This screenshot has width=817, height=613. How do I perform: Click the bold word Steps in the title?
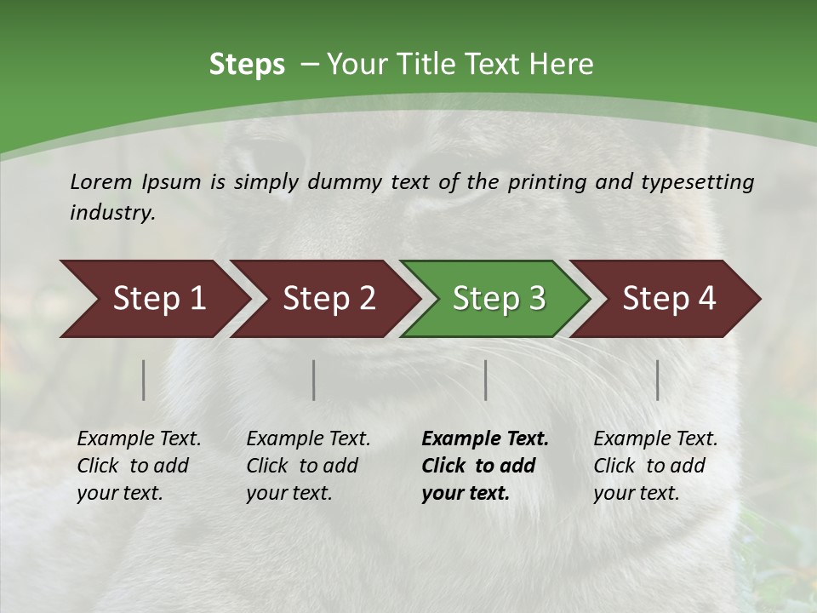click(247, 65)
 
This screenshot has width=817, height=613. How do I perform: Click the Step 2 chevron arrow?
click(323, 299)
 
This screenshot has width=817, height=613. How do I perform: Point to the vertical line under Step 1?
click(144, 380)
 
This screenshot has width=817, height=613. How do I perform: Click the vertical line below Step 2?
click(314, 380)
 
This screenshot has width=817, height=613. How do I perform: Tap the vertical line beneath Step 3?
click(486, 380)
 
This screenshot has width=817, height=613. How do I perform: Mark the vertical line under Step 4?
click(658, 380)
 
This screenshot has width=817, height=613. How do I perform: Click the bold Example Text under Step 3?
click(485, 466)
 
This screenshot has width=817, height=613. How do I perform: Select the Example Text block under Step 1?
click(139, 466)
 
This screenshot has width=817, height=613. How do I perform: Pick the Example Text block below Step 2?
click(308, 466)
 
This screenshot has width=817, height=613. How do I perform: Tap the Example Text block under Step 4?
click(655, 466)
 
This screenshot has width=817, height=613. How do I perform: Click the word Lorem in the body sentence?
click(101, 182)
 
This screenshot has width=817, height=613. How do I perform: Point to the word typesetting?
click(698, 182)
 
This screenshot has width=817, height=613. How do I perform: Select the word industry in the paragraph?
click(111, 213)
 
